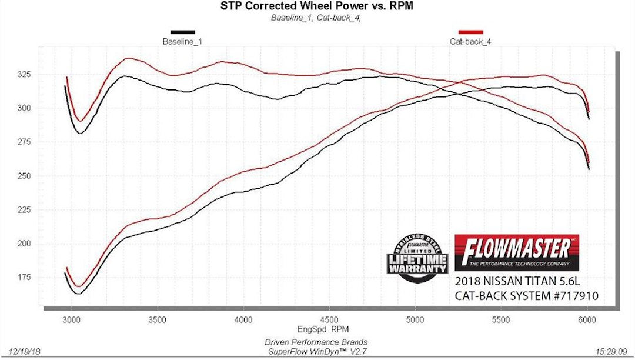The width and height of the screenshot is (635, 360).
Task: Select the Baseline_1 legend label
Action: coord(182,42)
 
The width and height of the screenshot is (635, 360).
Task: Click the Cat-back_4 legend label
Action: coord(470,42)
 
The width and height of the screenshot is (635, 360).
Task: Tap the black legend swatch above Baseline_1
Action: coord(182,32)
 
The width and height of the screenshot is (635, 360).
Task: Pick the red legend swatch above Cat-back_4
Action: coord(470,32)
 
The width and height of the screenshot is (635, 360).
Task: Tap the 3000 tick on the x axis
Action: coord(72,319)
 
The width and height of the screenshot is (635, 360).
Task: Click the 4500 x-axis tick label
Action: coord(329,319)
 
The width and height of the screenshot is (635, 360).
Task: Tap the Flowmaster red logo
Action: coord(516,252)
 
